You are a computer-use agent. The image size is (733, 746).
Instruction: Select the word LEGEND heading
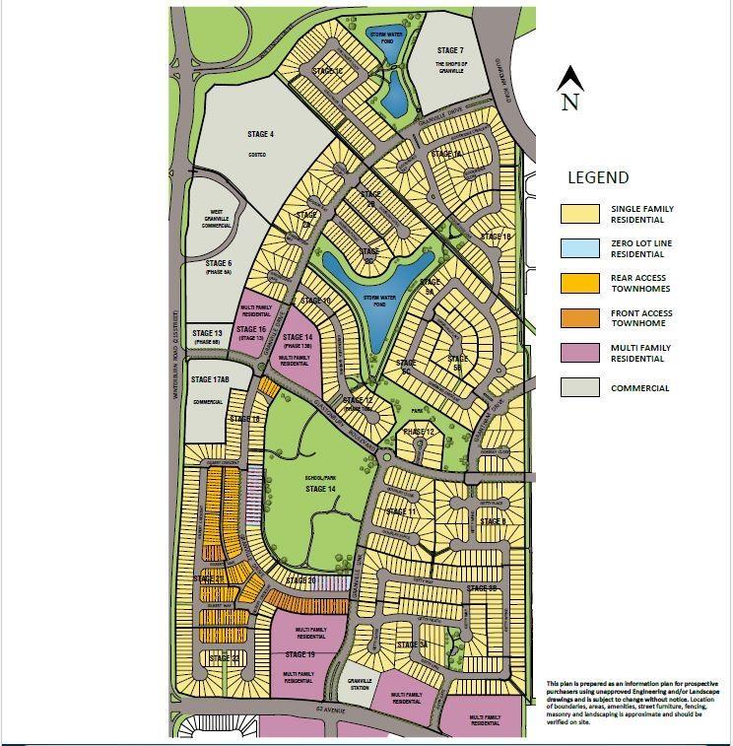(597, 178)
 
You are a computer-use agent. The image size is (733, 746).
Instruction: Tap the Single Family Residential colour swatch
(579, 214)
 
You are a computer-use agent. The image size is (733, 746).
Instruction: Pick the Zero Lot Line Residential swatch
(579, 247)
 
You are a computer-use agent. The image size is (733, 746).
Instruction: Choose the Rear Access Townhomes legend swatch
(579, 283)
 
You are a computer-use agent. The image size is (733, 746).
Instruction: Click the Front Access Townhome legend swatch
(579, 317)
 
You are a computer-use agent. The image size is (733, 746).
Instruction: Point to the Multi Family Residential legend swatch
(579, 353)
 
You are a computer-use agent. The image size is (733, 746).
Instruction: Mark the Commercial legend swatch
(579, 387)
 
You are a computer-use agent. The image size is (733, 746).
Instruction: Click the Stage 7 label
(449, 50)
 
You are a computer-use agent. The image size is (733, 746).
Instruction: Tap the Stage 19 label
(300, 654)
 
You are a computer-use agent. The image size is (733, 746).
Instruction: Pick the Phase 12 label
(418, 432)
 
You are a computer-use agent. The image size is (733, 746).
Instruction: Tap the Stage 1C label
(326, 71)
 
